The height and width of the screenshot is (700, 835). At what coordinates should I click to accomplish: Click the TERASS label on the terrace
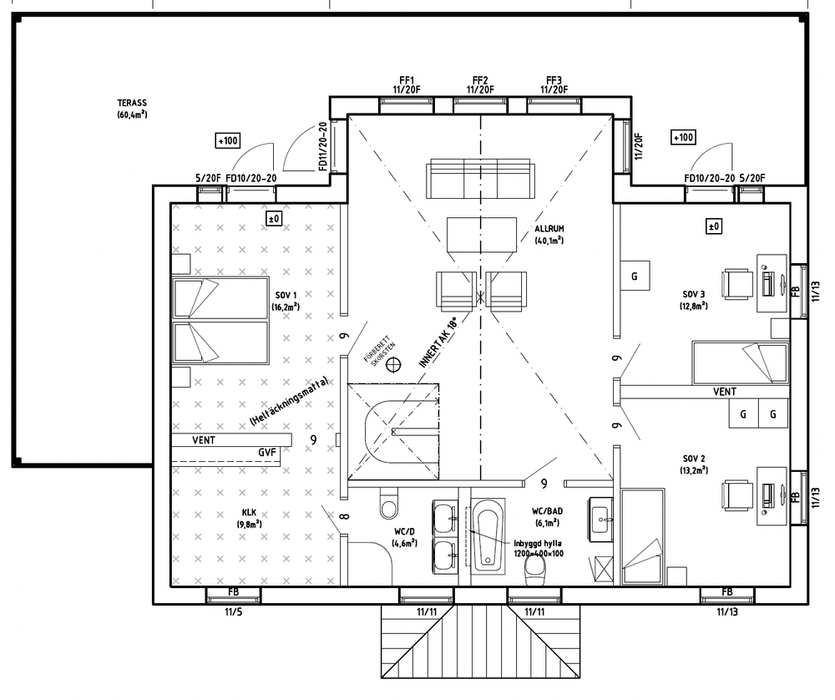[x=132, y=103]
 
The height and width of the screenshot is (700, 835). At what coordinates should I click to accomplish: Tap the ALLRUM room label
[x=549, y=229]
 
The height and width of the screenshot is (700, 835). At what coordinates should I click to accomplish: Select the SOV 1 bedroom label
[x=286, y=295]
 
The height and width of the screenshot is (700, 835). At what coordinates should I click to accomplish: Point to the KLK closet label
[x=249, y=513]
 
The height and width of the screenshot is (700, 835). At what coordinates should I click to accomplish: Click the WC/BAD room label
[x=547, y=511]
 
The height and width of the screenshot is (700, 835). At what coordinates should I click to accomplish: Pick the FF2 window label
[x=480, y=81]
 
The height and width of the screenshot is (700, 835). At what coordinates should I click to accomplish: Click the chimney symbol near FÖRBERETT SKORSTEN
[x=393, y=364]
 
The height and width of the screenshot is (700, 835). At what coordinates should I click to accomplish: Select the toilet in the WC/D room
[x=389, y=504]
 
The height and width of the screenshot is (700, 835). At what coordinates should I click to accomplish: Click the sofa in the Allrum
[x=480, y=179]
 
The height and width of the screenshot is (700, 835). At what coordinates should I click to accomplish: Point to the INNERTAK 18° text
[x=438, y=343]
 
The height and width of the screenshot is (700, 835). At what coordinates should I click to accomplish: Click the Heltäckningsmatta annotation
[x=289, y=402]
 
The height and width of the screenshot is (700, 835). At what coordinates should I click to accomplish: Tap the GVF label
[x=267, y=452]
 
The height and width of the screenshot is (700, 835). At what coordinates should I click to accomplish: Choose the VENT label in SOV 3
[x=725, y=392]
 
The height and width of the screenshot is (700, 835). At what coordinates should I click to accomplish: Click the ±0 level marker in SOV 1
[x=274, y=218]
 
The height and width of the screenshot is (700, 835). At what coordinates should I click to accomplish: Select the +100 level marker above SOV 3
[x=683, y=138]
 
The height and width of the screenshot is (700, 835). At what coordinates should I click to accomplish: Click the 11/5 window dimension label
[x=233, y=611]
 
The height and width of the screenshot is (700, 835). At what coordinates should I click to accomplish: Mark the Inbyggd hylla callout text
[x=538, y=548]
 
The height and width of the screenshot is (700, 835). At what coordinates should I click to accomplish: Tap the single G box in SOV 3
[x=635, y=276]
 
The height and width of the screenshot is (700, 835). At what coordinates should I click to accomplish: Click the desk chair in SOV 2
[x=737, y=495]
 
